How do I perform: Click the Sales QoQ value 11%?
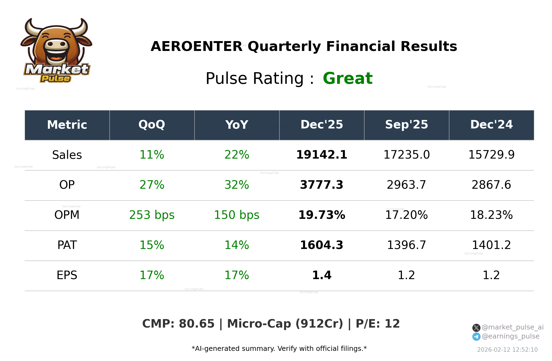[x=152, y=155]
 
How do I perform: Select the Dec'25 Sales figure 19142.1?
[x=322, y=155]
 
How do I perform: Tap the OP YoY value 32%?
[x=237, y=185]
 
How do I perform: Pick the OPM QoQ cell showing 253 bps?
[x=152, y=215]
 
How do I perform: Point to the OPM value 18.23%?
[x=491, y=215]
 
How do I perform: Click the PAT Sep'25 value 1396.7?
[x=406, y=245]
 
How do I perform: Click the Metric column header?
[x=67, y=125]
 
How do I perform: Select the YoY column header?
[x=237, y=125]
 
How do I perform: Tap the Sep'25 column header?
[x=406, y=125]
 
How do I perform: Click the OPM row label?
[x=67, y=215]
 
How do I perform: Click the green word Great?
[x=347, y=79]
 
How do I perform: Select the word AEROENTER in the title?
[x=197, y=47]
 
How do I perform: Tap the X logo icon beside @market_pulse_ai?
[x=476, y=328]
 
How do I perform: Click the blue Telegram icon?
[x=476, y=337]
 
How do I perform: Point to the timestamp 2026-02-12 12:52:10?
[x=507, y=350]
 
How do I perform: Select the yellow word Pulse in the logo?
[x=56, y=79]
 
